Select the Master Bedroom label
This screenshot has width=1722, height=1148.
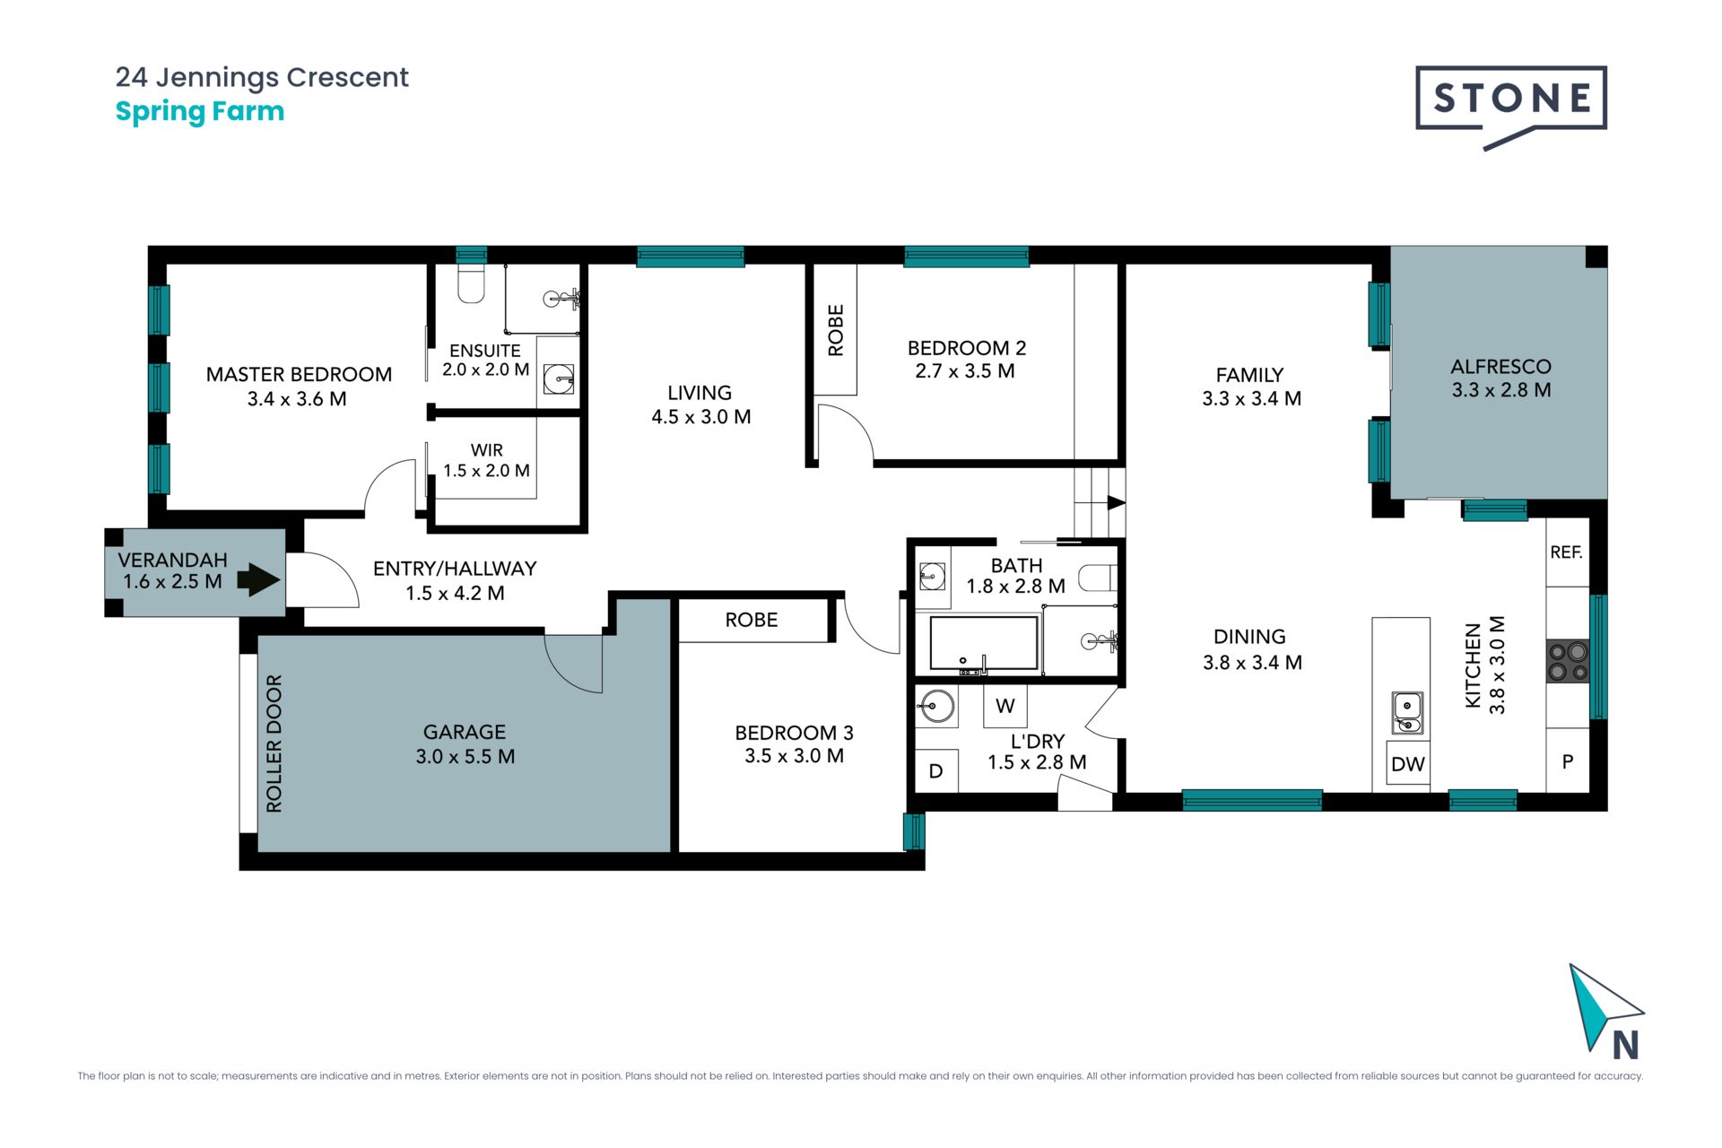pos(299,374)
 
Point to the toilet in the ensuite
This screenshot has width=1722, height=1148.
pos(472,283)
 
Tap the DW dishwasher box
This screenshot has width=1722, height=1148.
pos(1408,763)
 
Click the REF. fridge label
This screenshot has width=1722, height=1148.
pos(1566,552)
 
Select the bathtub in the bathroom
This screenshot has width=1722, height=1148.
pos(984,643)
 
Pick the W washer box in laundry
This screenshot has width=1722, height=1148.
pos(1004,706)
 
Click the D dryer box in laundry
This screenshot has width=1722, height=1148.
pos(935,771)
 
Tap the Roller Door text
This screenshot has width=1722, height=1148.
pos(274,744)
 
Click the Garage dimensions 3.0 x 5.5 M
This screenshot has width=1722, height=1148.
pos(465,756)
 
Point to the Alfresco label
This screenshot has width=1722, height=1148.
pos(1500,366)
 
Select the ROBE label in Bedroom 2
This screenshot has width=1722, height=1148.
pos(835,330)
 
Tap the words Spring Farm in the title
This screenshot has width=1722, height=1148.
pos(200,112)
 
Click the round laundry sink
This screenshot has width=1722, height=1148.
pos(935,706)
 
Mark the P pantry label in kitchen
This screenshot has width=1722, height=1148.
pos(1568,761)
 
